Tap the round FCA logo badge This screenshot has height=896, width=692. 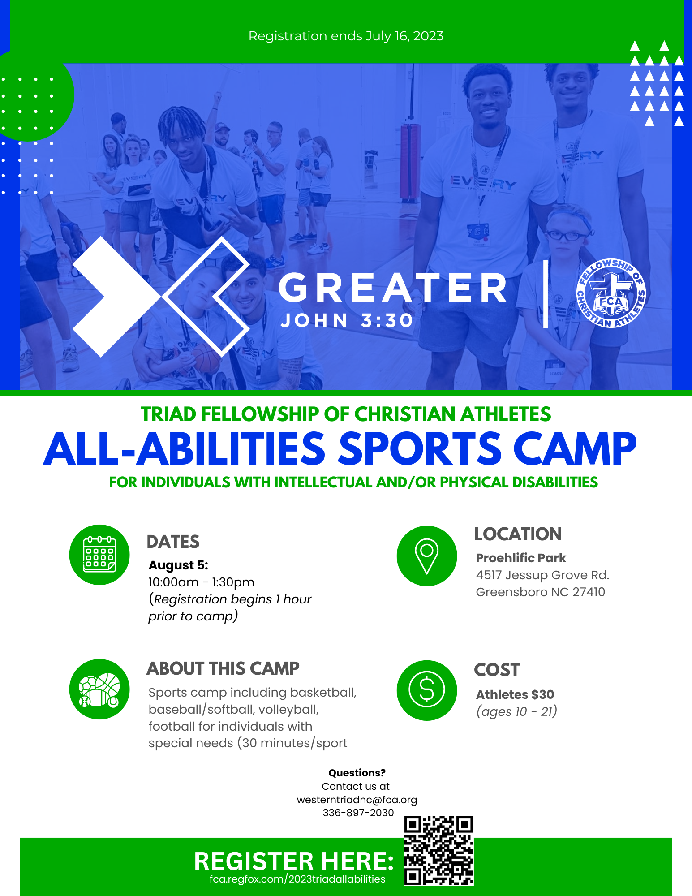611,293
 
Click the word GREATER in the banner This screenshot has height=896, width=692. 393,288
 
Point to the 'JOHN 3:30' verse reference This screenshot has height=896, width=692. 347,320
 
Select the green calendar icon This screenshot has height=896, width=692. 99,555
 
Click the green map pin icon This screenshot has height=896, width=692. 427,556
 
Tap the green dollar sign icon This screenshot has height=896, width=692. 427,690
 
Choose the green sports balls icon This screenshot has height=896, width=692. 99,689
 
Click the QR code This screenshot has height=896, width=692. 439,851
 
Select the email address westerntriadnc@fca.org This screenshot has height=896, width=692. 357,800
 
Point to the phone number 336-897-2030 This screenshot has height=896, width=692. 358,813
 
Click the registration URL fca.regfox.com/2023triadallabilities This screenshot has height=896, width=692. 297,879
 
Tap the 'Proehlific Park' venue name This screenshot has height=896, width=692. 521,558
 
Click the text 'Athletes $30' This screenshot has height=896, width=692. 515,694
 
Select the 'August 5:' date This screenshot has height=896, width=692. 178,565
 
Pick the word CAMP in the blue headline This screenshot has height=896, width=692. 575,448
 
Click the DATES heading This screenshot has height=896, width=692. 173,542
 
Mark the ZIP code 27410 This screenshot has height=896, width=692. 589,592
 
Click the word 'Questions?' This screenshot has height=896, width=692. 357,773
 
